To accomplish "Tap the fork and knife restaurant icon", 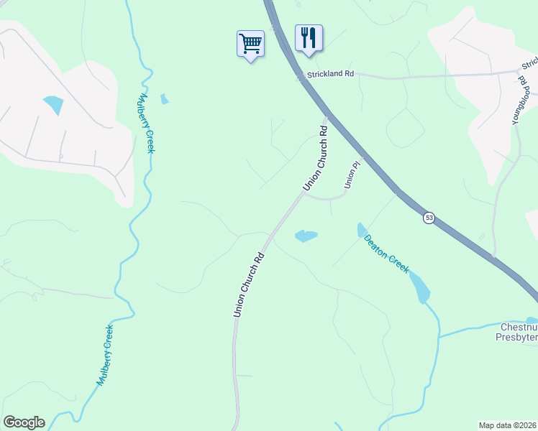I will click(309, 37).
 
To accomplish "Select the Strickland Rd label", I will click(331, 74).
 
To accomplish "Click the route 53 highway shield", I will click(429, 217).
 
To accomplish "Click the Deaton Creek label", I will click(386, 254).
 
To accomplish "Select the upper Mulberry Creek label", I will click(147, 123).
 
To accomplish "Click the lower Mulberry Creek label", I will click(106, 356).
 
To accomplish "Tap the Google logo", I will click(24, 422).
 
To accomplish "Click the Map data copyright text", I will click(507, 425).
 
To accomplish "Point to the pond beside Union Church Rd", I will click(306, 236).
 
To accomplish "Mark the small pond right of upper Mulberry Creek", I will click(165, 99).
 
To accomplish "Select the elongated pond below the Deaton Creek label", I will click(421, 289).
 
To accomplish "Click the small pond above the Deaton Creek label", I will click(361, 230).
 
